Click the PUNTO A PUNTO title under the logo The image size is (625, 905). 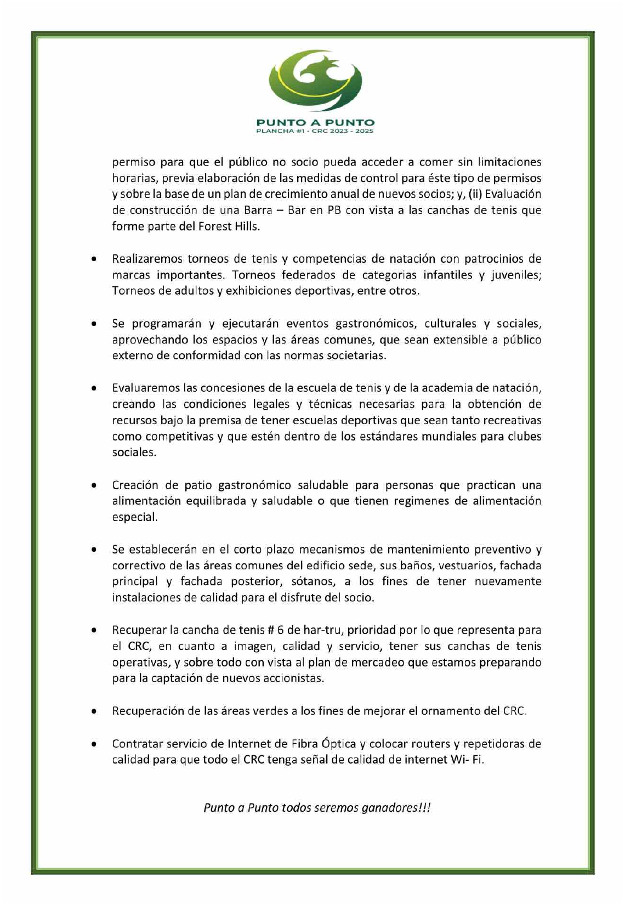pos(315,122)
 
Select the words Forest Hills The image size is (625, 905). pos(232,227)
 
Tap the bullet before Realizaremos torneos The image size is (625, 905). pos(95,259)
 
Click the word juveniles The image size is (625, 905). pos(515,275)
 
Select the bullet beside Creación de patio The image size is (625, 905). pos(95,485)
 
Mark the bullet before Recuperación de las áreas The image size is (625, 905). pos(95,711)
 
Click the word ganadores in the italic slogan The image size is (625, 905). pos(390,808)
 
